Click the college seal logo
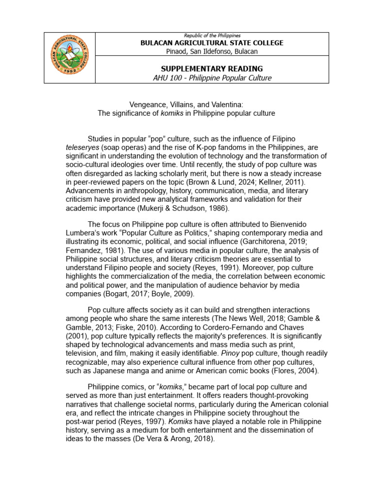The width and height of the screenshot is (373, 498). pyautogui.click(x=69, y=58)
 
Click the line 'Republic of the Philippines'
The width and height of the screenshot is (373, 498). pyautogui.click(x=211, y=36)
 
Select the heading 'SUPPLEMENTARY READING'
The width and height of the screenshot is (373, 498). pyautogui.click(x=211, y=69)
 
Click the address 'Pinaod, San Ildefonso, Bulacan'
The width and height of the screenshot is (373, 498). pyautogui.click(x=211, y=51)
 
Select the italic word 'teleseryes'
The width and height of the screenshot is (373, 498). pyautogui.click(x=82, y=147)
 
